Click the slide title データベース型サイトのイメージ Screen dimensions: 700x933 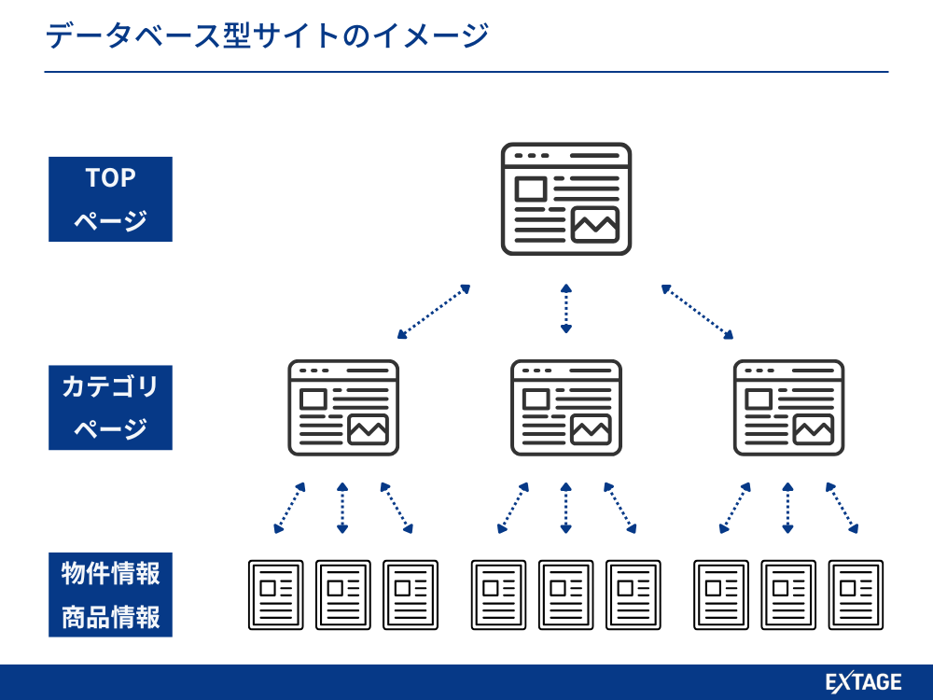point(267,36)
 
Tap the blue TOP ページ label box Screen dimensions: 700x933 point(110,199)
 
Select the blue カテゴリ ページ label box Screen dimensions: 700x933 point(110,408)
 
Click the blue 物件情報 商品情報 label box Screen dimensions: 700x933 point(110,595)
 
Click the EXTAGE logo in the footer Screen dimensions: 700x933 point(864,683)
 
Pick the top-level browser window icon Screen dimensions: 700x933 point(566,199)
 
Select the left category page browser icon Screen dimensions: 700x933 point(343,408)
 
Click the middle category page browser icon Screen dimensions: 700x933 point(566,408)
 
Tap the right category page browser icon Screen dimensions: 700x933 point(788,408)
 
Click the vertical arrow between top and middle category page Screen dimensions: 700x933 point(566,308)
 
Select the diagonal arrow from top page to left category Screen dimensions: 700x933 point(434,312)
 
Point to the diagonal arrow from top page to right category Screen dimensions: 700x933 point(697,312)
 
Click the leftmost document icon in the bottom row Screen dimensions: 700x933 point(276,595)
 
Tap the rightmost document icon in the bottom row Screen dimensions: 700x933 point(856,595)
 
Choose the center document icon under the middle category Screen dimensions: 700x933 point(566,595)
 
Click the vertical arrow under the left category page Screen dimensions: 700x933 point(342,509)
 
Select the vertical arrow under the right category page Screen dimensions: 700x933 point(788,509)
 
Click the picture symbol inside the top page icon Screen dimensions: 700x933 point(595,225)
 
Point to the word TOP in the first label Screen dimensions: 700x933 point(110,178)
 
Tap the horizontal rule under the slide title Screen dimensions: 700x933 point(466,72)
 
